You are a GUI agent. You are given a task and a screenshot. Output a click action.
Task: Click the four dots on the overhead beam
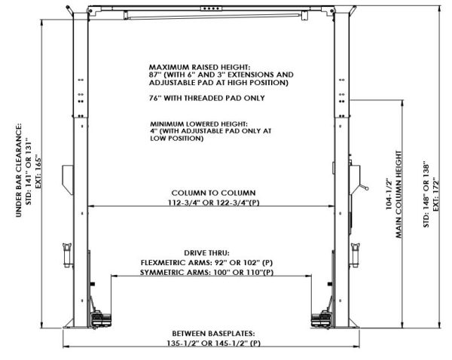[x=215, y=10]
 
